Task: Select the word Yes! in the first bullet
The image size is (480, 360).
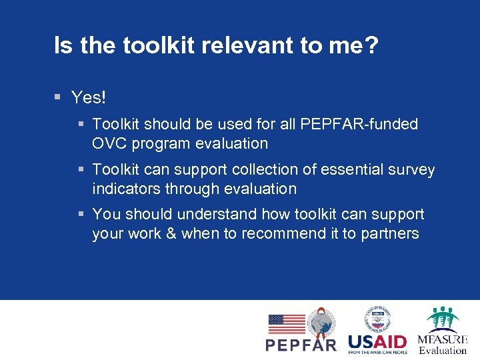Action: click(x=89, y=98)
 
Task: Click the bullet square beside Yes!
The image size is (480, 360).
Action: click(x=59, y=97)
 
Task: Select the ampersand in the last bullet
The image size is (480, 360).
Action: click(x=171, y=233)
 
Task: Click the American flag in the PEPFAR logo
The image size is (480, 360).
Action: click(x=286, y=324)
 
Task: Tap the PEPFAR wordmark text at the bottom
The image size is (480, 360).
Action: click(x=301, y=344)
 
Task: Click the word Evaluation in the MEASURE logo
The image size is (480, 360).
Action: click(x=443, y=350)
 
